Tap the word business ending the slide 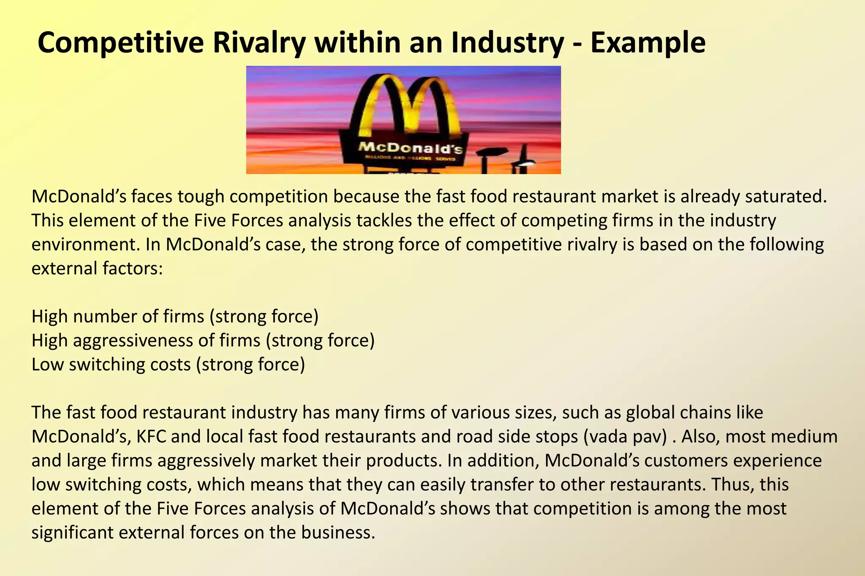[x=337, y=533]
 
